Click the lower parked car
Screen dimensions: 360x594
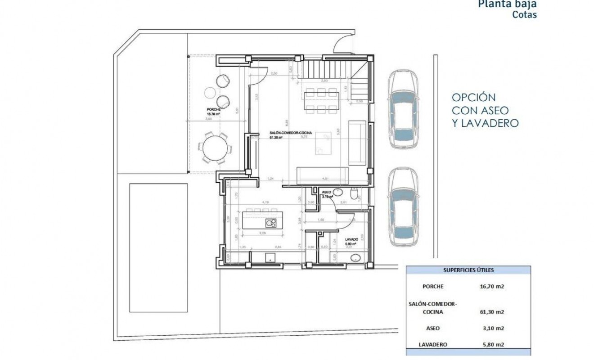coord(404,209)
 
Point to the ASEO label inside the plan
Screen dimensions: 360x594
coord(326,192)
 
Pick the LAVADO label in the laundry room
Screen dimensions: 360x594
coord(351,239)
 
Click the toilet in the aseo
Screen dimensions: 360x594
coord(355,194)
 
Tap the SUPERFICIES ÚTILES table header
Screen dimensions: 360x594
coord(468,270)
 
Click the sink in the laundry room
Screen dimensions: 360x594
coord(355,258)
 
